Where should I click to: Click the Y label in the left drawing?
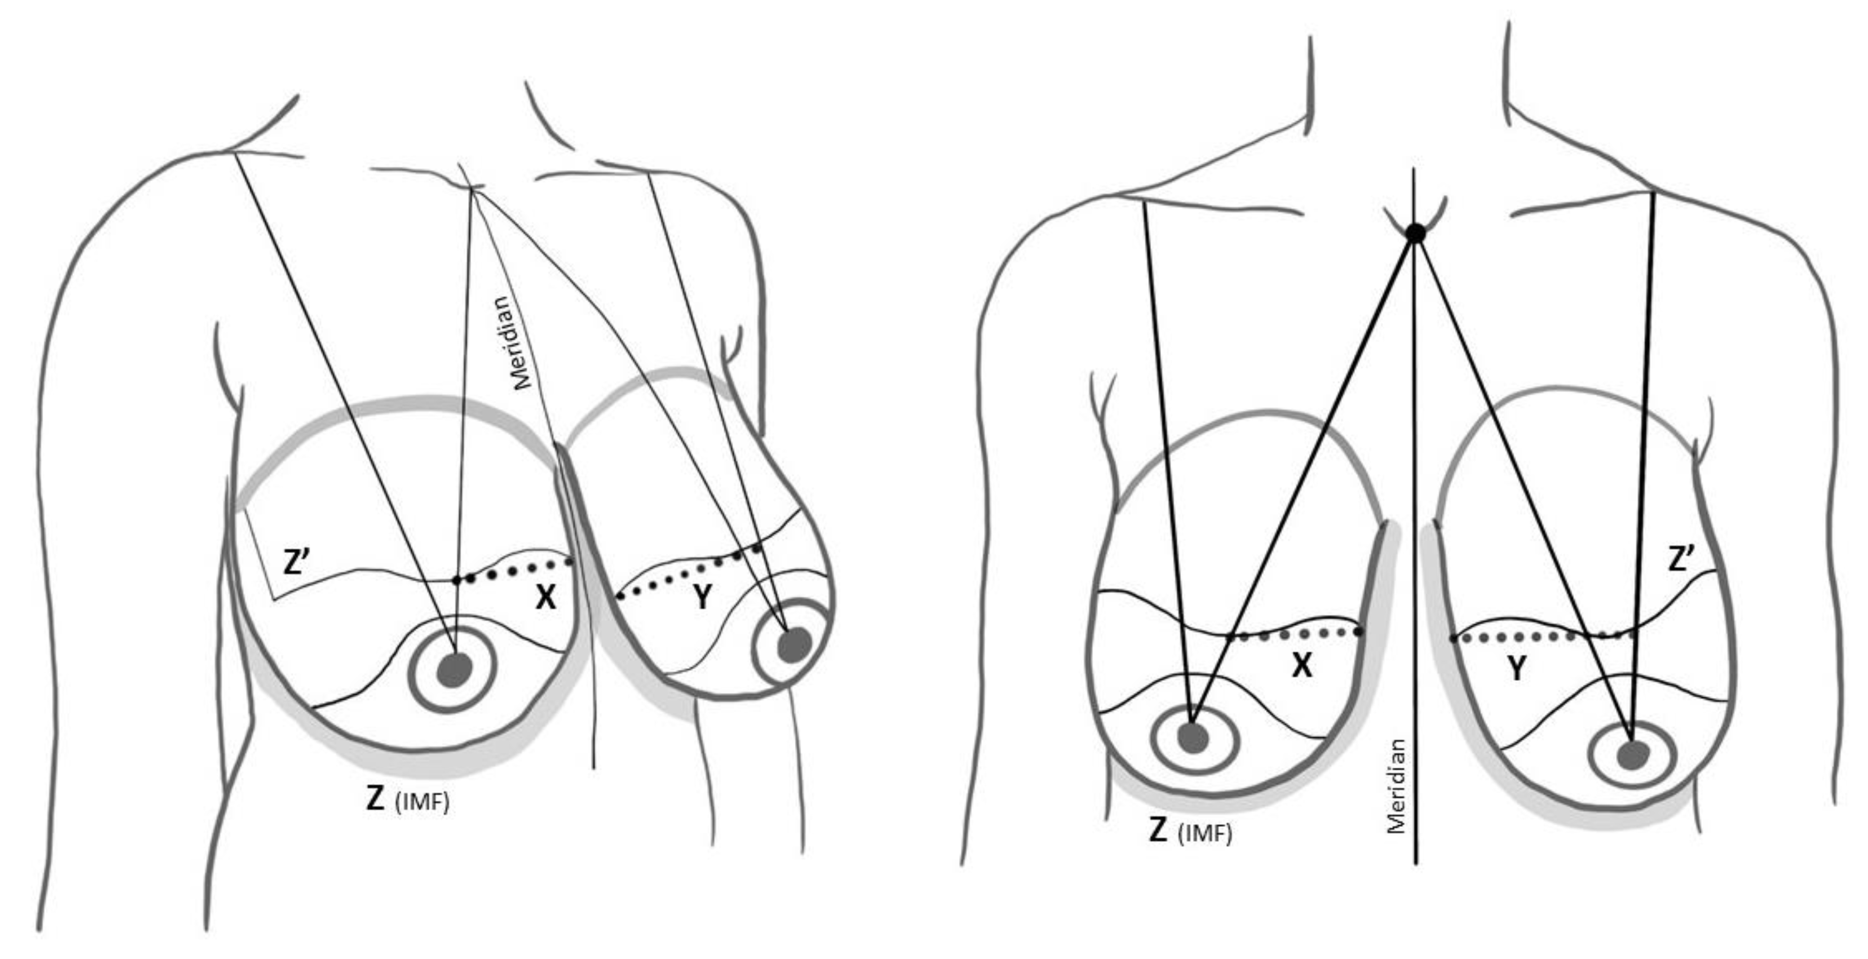tap(702, 598)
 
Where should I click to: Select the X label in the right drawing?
tap(1302, 665)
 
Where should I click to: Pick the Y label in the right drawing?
tap(1516, 668)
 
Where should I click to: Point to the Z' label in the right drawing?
tap(1681, 559)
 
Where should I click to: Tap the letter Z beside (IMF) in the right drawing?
tap(1158, 830)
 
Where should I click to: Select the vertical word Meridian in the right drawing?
tap(1396, 786)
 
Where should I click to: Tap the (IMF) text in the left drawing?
tap(423, 802)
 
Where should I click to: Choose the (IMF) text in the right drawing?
tap(1205, 834)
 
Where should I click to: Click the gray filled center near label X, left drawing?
tap(454, 669)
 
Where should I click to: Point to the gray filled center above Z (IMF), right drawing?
tap(1193, 738)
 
